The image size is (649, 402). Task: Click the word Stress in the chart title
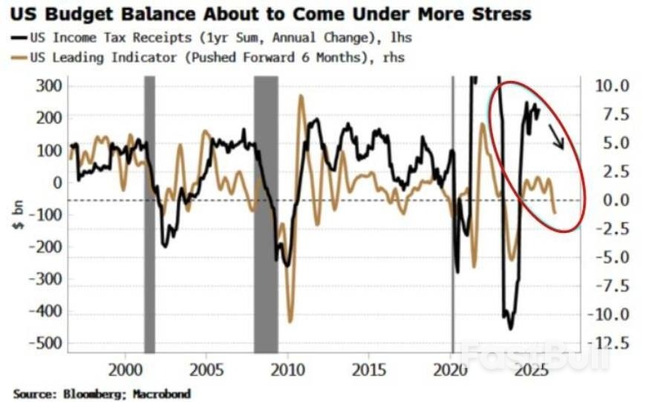click(x=496, y=13)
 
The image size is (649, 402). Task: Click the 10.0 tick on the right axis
click(x=613, y=85)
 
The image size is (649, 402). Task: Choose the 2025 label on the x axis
click(x=532, y=369)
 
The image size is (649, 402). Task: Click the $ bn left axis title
click(x=17, y=214)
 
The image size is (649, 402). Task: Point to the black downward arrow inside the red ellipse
click(x=555, y=136)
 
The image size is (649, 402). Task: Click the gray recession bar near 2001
click(x=149, y=215)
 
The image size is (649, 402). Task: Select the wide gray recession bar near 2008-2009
click(x=266, y=215)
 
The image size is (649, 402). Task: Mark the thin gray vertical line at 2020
click(x=453, y=215)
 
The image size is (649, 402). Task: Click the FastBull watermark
click(x=533, y=355)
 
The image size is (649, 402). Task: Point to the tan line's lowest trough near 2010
click(x=290, y=321)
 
